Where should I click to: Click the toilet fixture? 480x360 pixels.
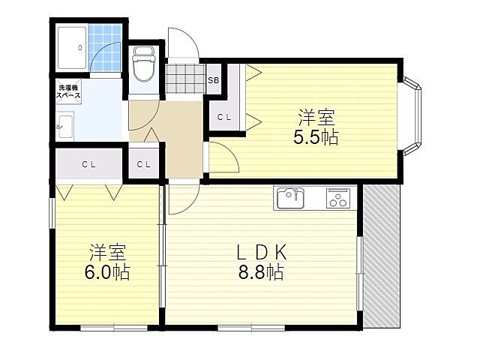click(143, 64)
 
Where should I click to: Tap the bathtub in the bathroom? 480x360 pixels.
click(72, 48)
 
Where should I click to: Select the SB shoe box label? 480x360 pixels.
click(213, 80)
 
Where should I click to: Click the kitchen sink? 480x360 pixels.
click(290, 198)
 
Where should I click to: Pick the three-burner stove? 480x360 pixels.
click(338, 198)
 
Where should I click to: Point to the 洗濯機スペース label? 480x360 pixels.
click(68, 91)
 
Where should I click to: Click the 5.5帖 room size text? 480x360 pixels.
click(316, 138)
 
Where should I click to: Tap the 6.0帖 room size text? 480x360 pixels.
click(107, 272)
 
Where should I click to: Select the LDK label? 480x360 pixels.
click(262, 253)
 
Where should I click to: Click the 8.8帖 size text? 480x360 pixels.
click(261, 272)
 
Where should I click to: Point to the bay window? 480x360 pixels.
click(412, 116)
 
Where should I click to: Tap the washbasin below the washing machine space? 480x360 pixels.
click(65, 127)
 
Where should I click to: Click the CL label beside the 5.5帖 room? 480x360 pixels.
click(224, 117)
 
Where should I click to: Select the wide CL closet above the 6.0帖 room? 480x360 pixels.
click(88, 164)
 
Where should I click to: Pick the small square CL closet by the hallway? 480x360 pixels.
click(143, 164)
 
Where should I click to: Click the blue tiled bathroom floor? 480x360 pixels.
click(105, 48)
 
